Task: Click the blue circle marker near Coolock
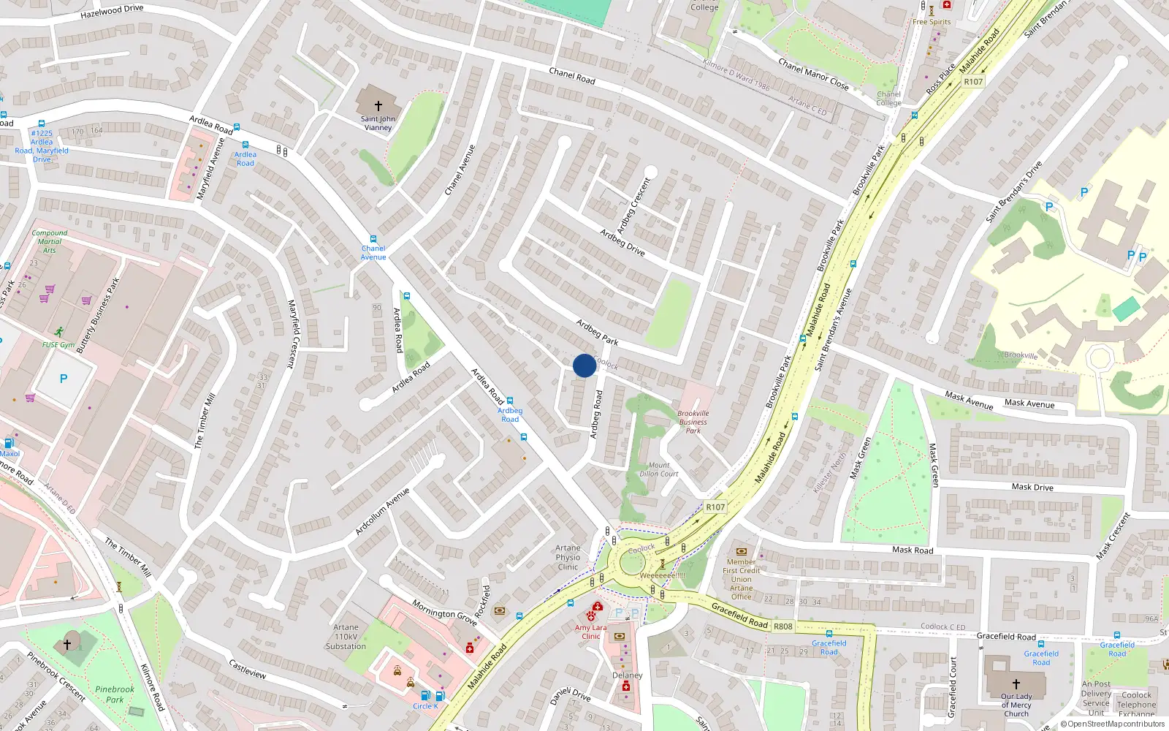584,365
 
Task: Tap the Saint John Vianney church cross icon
378,106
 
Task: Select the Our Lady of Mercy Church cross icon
1016,684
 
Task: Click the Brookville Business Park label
693,422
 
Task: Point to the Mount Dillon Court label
658,469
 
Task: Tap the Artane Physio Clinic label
568,557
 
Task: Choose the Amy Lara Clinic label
590,632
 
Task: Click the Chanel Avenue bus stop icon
373,239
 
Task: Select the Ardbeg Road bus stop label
510,414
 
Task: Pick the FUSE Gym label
58,345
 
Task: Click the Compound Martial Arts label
49,241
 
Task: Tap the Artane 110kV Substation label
346,637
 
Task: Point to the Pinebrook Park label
115,694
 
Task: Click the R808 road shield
782,626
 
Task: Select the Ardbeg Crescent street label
633,205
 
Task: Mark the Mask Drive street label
1032,487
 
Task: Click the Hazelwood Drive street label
112,12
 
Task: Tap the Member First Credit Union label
741,579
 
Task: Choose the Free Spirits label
932,22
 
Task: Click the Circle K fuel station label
425,706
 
